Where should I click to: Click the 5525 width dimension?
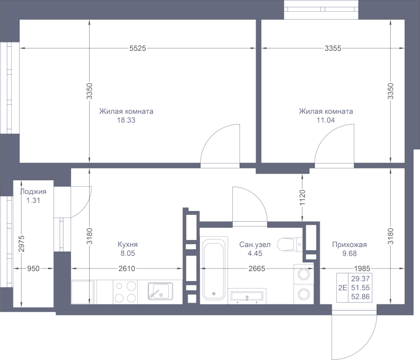(x=138, y=48)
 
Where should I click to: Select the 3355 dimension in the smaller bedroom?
(x=333, y=48)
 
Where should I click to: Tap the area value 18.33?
(x=126, y=120)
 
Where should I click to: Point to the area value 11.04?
(x=326, y=120)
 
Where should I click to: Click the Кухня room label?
(x=128, y=245)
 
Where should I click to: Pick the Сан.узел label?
(x=255, y=245)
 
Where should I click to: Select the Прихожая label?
(x=349, y=245)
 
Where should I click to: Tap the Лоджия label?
(x=33, y=191)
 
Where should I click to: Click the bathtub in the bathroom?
(x=214, y=268)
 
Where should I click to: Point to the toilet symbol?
(x=290, y=244)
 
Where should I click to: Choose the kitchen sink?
(x=161, y=291)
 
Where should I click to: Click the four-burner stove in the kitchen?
(x=125, y=292)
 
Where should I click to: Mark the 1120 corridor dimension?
(x=302, y=198)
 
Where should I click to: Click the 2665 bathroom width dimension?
(x=257, y=268)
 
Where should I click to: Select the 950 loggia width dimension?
(x=33, y=268)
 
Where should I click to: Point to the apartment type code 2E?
(x=343, y=288)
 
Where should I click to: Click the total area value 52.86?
(x=360, y=297)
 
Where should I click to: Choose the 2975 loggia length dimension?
(x=21, y=243)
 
